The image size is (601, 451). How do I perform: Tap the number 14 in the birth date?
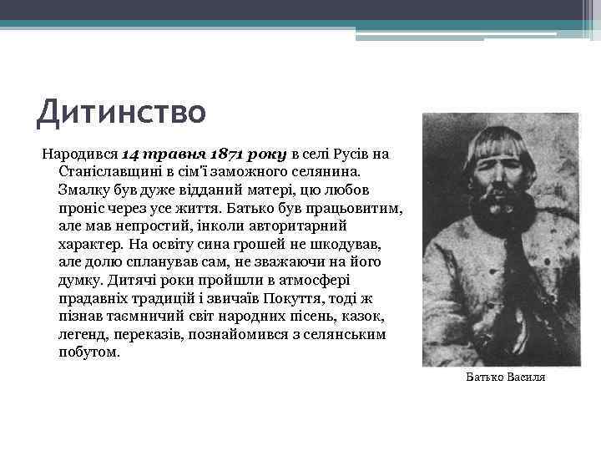point(133,155)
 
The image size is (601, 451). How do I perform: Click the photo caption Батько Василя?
point(506,378)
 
